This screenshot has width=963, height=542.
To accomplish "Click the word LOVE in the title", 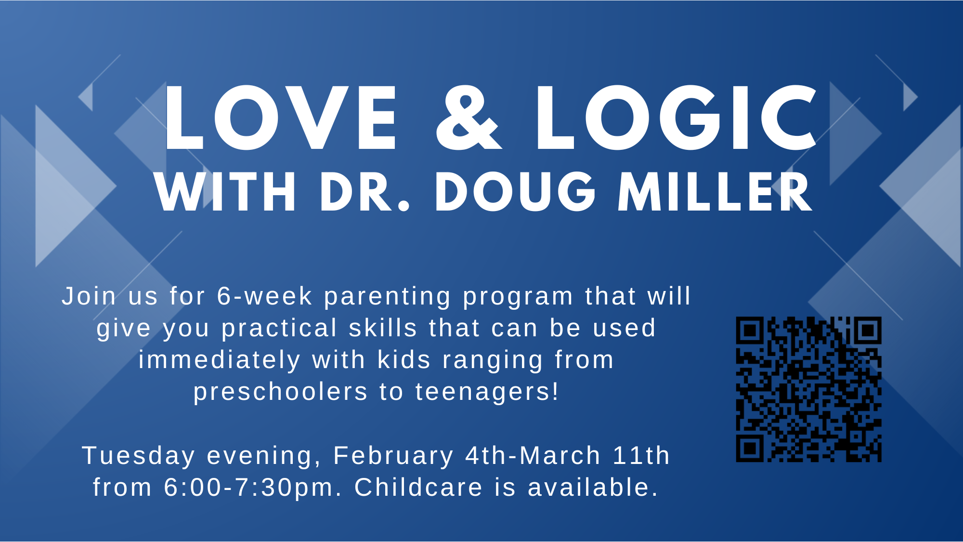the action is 280,118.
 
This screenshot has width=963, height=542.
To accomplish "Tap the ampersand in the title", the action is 468,118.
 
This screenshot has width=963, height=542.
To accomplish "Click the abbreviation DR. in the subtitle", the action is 364,192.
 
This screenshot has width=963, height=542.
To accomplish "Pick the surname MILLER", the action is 715,192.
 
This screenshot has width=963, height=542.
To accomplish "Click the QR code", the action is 809,389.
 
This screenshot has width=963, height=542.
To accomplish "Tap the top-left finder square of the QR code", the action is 750,330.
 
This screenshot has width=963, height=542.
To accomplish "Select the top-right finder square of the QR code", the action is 868,330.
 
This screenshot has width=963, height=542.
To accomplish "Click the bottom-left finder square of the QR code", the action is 750,449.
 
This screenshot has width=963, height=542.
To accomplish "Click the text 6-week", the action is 265,296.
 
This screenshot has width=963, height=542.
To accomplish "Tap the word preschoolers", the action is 281,392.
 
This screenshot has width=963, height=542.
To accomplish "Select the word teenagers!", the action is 487,392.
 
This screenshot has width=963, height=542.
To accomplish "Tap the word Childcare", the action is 418,487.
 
